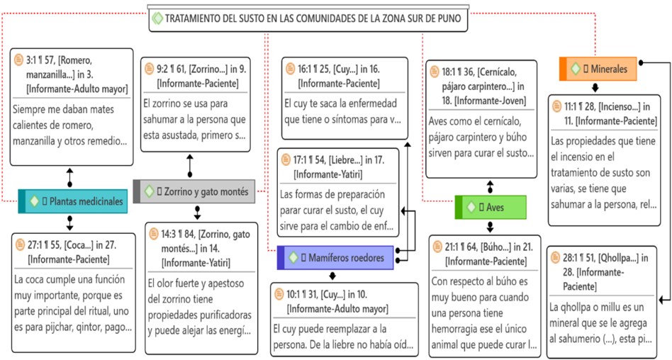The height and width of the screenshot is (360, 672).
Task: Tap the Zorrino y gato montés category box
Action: tap(193, 191)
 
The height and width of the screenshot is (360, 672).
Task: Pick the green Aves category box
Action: tap(490, 207)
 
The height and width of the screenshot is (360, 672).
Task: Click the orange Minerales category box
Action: tap(598, 69)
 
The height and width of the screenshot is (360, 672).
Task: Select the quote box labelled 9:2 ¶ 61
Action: tap(198, 103)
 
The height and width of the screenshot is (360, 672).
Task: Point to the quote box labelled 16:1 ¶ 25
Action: tap(344, 99)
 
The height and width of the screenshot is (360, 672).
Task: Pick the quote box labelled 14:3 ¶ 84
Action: tap(201, 287)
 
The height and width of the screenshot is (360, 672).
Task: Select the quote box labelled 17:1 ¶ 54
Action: tap(337, 191)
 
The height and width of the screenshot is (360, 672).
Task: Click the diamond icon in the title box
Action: tap(157, 18)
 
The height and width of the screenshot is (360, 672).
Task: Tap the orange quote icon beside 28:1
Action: tap(556, 259)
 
